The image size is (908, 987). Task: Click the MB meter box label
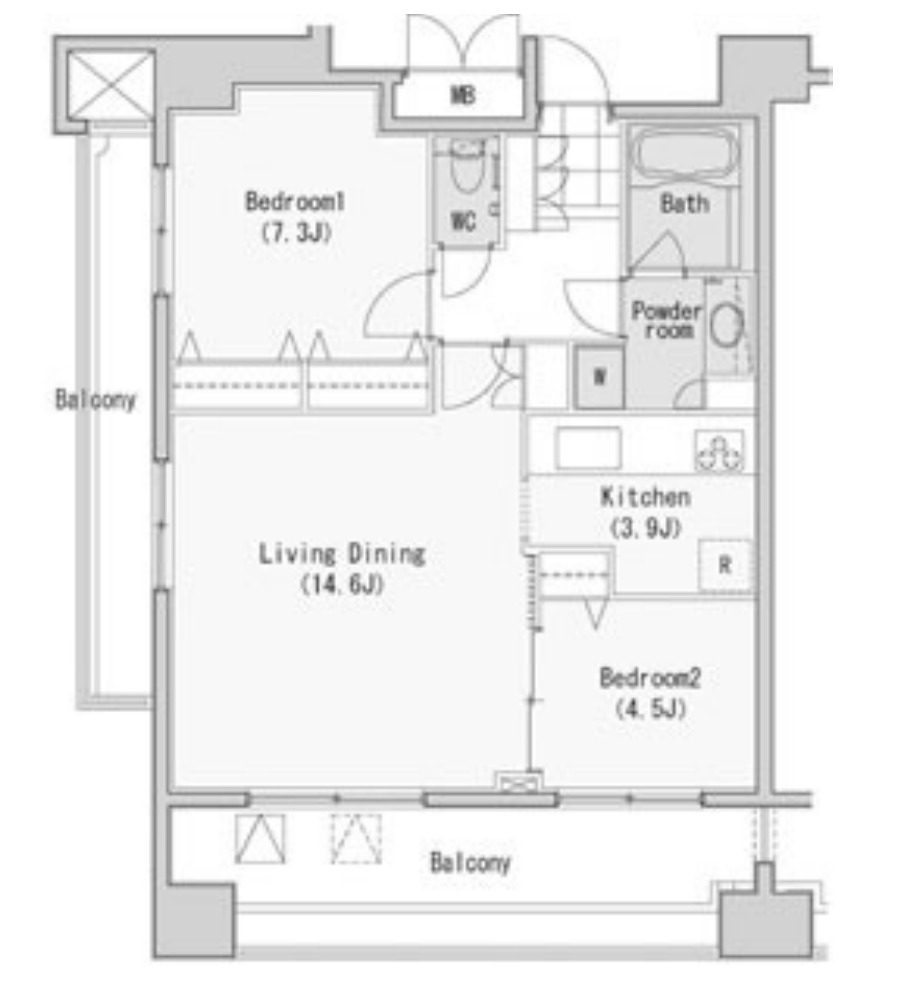463,96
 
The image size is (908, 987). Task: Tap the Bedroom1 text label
295,202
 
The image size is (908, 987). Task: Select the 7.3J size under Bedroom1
295,233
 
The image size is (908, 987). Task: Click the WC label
463,221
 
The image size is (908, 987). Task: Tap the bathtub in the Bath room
685,155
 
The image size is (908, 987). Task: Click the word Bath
684,203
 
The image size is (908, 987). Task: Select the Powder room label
667,320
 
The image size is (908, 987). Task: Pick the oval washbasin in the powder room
727,324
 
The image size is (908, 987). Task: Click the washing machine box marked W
599,377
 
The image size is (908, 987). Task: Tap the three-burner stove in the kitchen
719,451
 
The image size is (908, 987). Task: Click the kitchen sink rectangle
587,448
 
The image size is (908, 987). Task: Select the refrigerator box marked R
725,565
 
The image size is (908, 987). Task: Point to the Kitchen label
645,497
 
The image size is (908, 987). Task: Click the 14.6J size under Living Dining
342,585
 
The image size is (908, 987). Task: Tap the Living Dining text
343,554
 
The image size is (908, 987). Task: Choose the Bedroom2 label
650,678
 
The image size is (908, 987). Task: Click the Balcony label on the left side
96,399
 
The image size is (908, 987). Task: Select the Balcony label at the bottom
470,862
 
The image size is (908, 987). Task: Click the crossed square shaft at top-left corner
111,85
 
